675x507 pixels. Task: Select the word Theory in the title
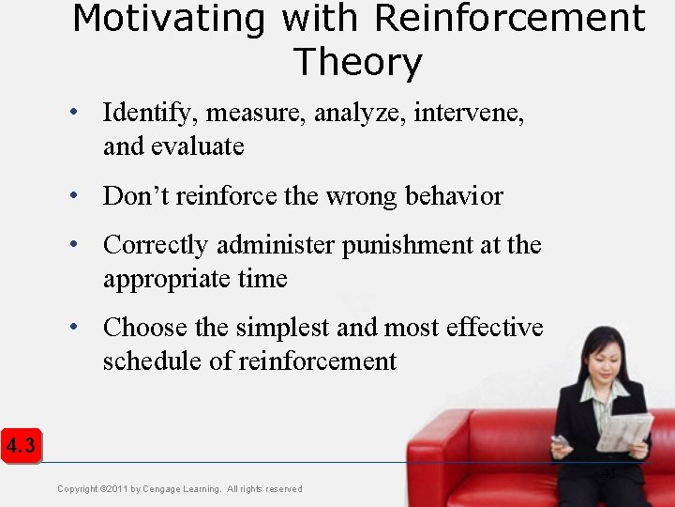click(358, 62)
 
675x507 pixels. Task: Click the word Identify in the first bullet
click(150, 114)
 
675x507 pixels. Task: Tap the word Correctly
click(156, 245)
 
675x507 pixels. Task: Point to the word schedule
click(148, 361)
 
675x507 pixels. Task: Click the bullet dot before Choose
click(73, 328)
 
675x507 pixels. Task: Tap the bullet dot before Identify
click(73, 114)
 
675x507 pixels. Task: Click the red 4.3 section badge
click(20, 446)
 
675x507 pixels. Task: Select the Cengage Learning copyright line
click(179, 488)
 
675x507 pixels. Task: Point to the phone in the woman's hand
click(560, 441)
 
